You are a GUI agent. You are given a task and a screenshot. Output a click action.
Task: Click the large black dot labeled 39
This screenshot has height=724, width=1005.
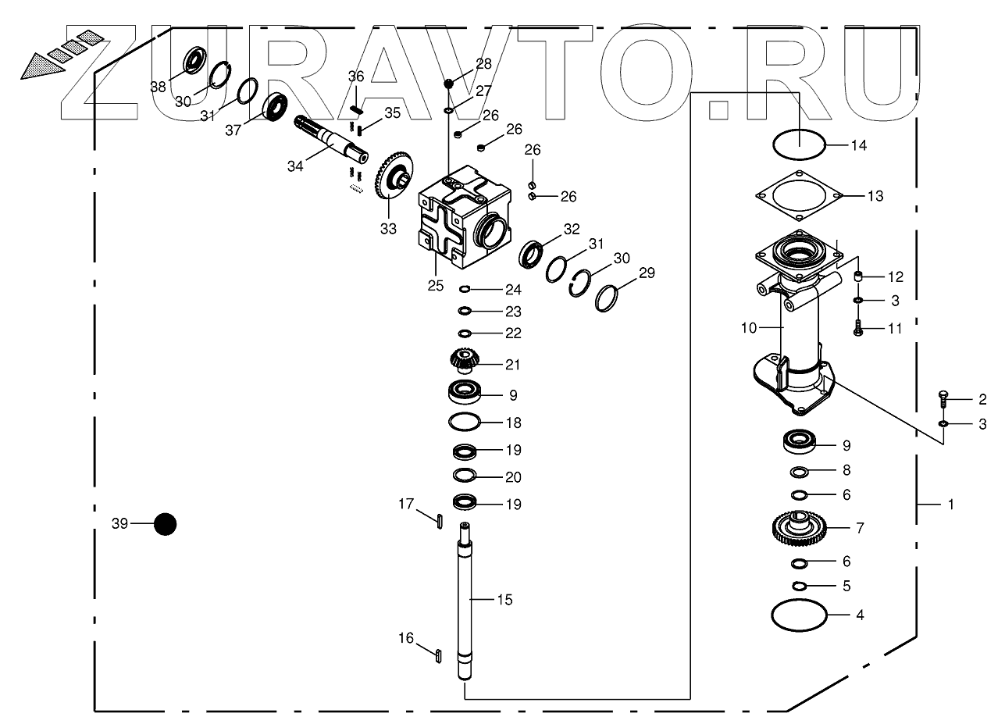tap(165, 524)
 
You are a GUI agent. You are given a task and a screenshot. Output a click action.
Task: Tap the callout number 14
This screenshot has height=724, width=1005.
tap(859, 146)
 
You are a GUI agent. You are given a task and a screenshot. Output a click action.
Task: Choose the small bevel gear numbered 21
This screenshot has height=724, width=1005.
tap(464, 361)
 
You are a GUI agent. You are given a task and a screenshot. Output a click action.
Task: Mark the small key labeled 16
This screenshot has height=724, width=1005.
tap(439, 654)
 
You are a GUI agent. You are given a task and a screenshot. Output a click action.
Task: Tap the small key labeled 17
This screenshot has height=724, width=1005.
tap(440, 519)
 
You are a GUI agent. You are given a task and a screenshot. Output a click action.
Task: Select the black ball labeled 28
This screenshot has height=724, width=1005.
tap(449, 83)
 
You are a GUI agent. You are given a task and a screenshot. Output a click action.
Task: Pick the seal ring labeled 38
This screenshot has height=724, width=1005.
tap(194, 61)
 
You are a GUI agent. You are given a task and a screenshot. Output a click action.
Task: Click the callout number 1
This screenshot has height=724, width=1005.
tap(950, 505)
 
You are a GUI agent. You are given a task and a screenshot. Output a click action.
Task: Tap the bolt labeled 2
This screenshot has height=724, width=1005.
tap(943, 399)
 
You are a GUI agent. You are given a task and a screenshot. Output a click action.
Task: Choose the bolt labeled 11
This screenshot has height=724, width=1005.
tap(857, 329)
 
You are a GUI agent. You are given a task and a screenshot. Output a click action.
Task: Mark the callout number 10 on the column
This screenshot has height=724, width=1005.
tap(749, 328)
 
